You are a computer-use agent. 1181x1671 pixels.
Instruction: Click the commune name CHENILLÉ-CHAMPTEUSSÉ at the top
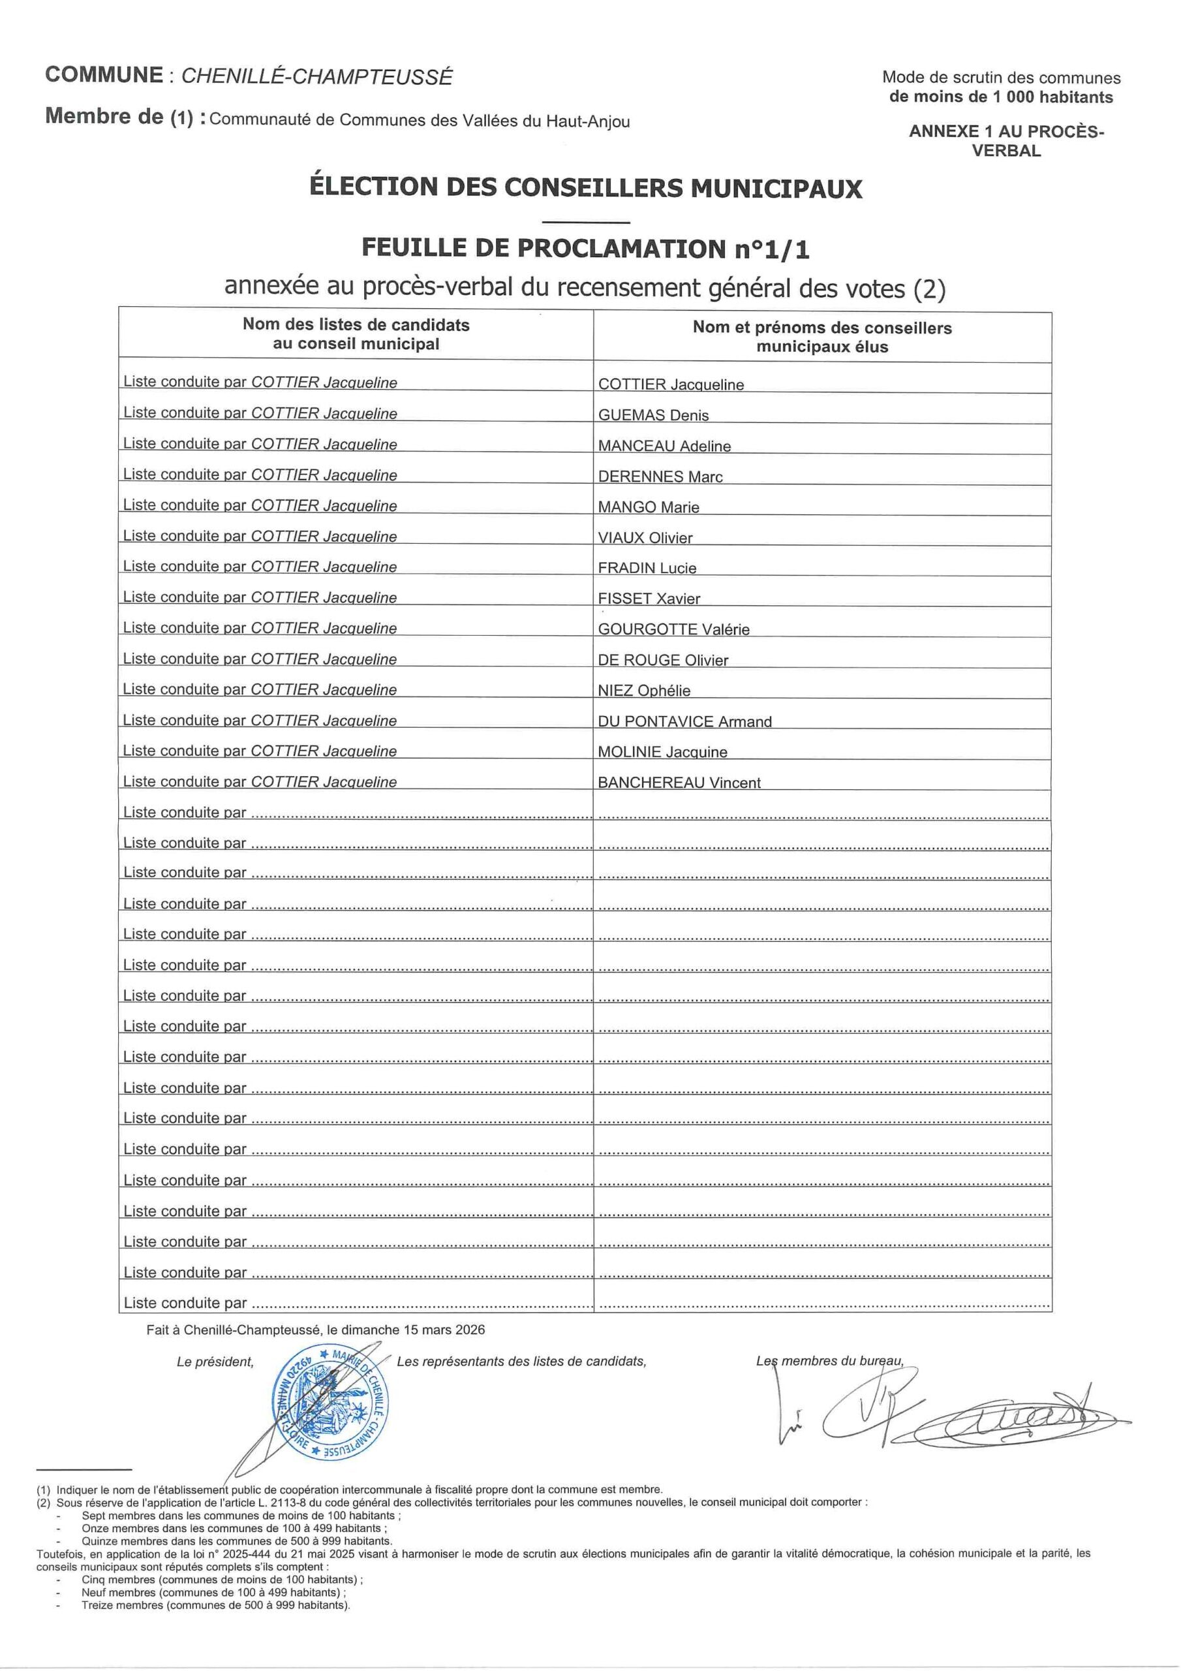click(x=316, y=76)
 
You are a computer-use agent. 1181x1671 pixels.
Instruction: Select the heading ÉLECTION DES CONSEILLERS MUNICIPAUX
click(x=586, y=188)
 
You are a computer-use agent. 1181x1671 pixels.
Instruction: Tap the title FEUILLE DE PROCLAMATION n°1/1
click(x=586, y=249)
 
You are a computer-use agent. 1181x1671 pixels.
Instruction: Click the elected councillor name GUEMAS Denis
click(x=652, y=415)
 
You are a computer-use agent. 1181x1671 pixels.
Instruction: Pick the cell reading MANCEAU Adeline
click(x=664, y=445)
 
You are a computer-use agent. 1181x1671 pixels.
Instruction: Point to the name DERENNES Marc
click(x=660, y=476)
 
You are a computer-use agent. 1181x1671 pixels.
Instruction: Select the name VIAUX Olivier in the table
click(x=645, y=538)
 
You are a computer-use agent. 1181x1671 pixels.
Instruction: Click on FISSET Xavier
click(x=649, y=599)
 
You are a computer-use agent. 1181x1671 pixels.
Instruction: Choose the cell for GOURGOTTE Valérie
click(x=673, y=629)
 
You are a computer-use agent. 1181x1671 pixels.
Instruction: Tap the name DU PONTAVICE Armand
click(x=684, y=721)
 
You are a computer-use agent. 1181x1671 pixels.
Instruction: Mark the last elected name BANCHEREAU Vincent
click(x=679, y=783)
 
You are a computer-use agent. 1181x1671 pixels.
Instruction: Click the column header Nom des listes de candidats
click(x=356, y=334)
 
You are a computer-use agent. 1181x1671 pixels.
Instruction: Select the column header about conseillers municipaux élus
click(x=821, y=337)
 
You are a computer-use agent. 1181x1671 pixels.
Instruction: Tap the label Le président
click(x=215, y=1362)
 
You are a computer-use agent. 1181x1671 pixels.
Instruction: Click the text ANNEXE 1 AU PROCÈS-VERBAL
click(x=1005, y=140)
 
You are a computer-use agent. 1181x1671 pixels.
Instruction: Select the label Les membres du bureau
click(x=829, y=1361)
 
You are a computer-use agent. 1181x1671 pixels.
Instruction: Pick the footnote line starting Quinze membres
click(x=236, y=1540)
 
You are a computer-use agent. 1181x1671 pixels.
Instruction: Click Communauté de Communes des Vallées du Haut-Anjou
click(x=419, y=121)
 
